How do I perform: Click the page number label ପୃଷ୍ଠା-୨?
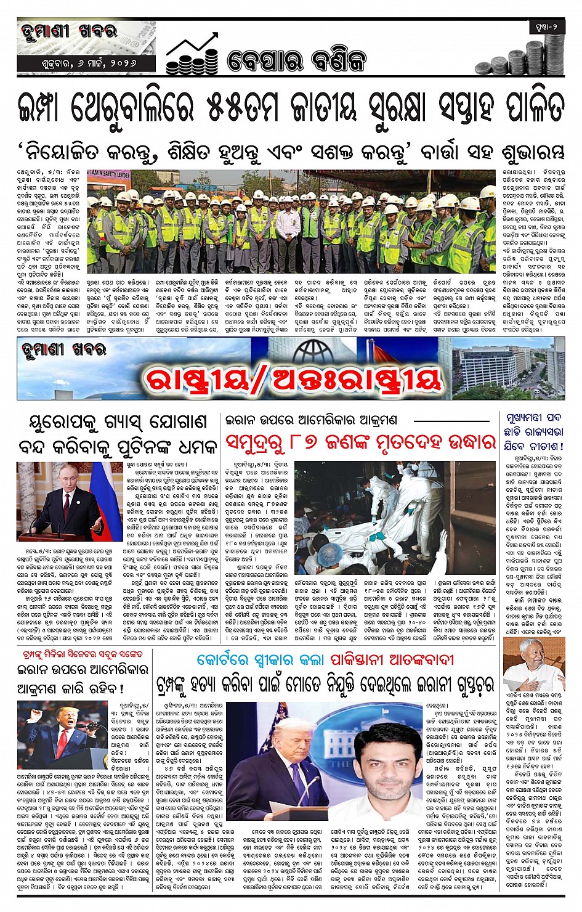pyautogui.click(x=546, y=27)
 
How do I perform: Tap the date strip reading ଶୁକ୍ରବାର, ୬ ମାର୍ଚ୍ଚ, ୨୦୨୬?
pyautogui.click(x=79, y=63)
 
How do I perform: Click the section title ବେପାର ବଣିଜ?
pyautogui.click(x=297, y=60)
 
